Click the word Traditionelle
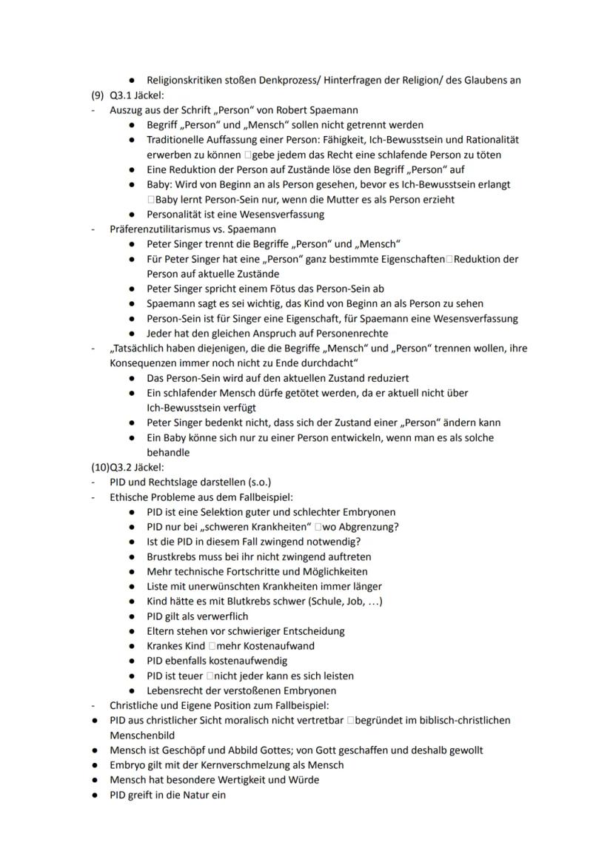[178, 140]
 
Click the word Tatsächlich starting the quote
[144, 349]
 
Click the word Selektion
[224, 512]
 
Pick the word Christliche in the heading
[137, 705]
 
